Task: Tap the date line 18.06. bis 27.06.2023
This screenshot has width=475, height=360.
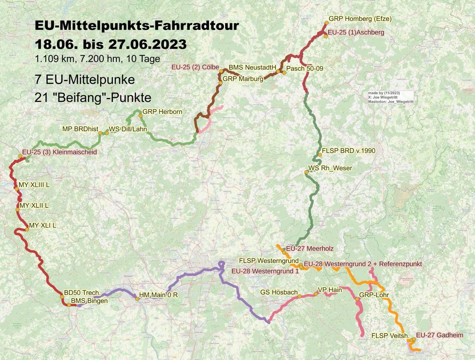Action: tap(110, 44)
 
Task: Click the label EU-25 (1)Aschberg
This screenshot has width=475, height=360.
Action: tap(356, 33)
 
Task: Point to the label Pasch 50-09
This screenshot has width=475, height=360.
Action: tap(304, 68)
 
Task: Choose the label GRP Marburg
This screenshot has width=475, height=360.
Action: tap(243, 79)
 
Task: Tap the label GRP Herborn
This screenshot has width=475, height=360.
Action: tap(162, 112)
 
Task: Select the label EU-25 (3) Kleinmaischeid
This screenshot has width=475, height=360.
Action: tap(59, 152)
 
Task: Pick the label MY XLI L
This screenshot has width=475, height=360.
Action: tap(42, 225)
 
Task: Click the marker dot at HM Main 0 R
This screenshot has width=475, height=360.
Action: tap(137, 299)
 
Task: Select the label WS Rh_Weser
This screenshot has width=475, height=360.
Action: tap(330, 168)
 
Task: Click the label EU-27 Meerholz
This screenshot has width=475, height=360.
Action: tap(310, 248)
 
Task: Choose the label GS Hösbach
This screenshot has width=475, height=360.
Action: tap(279, 292)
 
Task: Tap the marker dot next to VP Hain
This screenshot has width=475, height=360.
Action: tap(315, 294)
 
